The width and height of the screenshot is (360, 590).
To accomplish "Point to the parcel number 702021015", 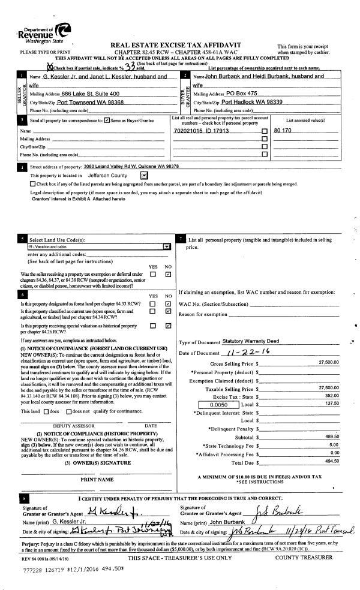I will [204, 130].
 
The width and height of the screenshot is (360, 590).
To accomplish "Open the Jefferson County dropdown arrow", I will [143, 175].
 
